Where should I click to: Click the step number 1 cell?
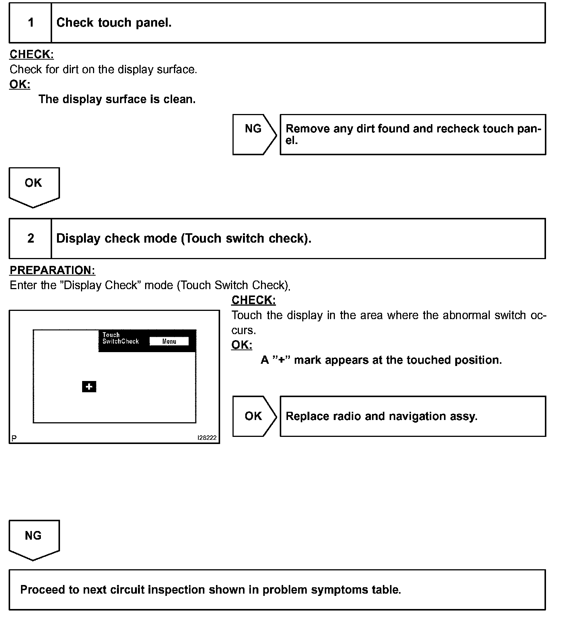pyautogui.click(x=30, y=23)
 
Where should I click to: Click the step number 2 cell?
pyautogui.click(x=30, y=238)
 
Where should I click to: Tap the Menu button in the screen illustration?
pyautogui.click(x=169, y=341)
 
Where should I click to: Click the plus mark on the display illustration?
pyautogui.click(x=89, y=387)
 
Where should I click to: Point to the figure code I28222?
pyautogui.click(x=207, y=438)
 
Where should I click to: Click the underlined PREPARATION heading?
pyautogui.click(x=52, y=270)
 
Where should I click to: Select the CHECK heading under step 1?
pyautogui.click(x=31, y=54)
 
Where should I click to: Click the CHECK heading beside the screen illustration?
pyautogui.click(x=253, y=300)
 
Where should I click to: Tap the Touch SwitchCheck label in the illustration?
pyautogui.click(x=120, y=338)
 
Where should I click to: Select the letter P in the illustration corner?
pyautogui.click(x=14, y=438)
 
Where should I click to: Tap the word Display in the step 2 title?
pyautogui.click(x=78, y=238)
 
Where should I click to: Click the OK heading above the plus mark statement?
pyautogui.click(x=241, y=345)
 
